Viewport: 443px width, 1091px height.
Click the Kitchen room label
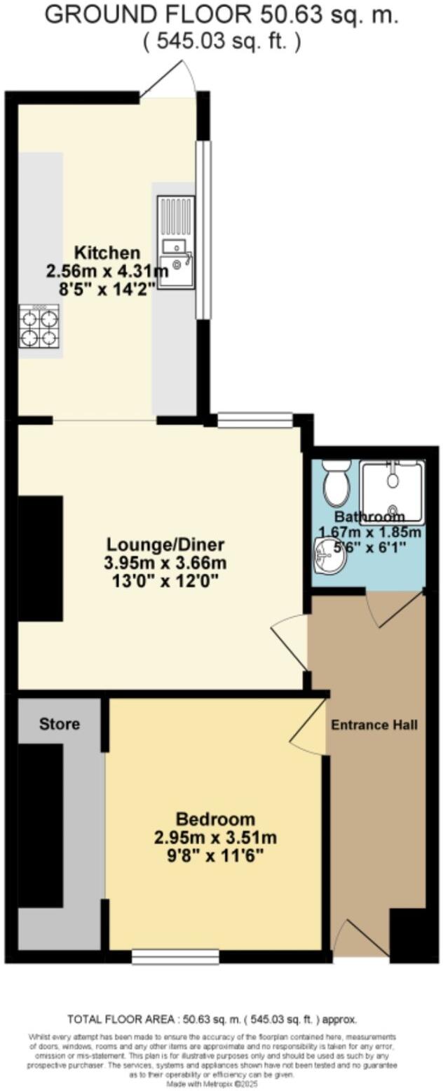(107, 253)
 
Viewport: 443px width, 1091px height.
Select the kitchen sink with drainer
(175, 241)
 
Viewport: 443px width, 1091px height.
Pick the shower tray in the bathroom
(392, 492)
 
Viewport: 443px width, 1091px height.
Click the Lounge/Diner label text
(165, 544)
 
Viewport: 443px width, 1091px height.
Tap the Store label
(60, 723)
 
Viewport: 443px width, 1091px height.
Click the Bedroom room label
(215, 819)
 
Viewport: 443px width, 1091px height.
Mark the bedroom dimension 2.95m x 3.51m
(215, 837)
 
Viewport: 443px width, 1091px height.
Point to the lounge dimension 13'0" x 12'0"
(165, 580)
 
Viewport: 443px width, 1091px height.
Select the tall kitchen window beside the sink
(203, 229)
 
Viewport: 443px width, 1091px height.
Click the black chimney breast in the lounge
(40, 558)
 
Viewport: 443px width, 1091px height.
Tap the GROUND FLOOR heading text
(221, 15)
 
